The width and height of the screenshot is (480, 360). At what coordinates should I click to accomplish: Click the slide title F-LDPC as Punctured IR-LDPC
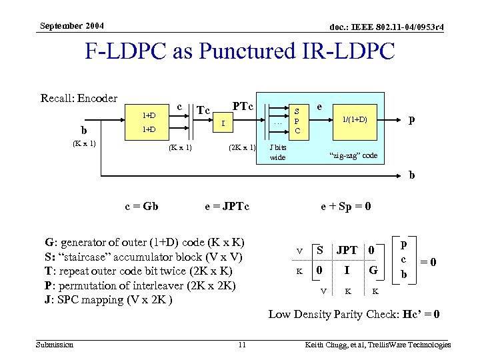tap(240, 51)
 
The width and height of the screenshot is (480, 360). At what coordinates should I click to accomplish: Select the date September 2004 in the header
tap(72, 26)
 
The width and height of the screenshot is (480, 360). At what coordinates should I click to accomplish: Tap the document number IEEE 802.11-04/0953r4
tap(377, 27)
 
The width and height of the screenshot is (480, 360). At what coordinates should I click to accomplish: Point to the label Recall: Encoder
tap(79, 98)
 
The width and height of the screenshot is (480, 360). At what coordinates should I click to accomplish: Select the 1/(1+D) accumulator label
tap(354, 119)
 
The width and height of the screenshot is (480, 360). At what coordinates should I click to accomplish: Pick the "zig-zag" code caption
tap(353, 155)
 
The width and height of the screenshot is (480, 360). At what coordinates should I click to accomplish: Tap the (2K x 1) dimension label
tap(241, 147)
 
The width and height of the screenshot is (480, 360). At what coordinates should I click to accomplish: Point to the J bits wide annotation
tap(277, 152)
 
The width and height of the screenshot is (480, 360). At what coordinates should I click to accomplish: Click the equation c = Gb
tap(141, 207)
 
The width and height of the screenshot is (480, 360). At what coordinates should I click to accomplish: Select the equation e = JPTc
tap(226, 207)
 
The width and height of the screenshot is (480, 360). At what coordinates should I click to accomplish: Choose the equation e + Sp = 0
tap(346, 207)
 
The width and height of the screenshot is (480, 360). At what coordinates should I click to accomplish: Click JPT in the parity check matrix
tap(347, 251)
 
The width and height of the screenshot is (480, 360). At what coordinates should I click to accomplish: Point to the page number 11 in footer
tap(243, 345)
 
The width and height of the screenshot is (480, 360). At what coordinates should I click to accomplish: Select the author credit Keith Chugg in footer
tap(377, 345)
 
